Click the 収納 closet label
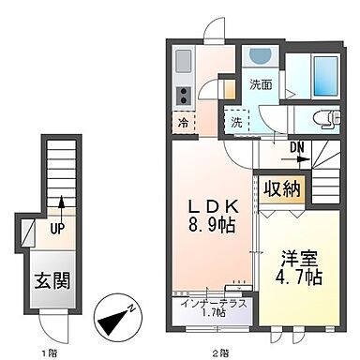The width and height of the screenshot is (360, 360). [282, 188]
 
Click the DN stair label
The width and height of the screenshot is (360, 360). [296, 145]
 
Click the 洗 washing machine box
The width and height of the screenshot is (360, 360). [236, 121]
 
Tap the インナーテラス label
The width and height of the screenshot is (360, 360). [208, 302]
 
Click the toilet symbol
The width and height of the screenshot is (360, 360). [320, 118]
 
